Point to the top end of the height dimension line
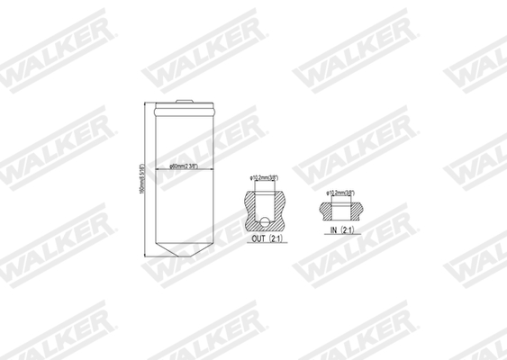point(149,104)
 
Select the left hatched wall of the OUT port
point(250,210)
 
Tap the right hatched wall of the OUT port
point(279,210)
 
